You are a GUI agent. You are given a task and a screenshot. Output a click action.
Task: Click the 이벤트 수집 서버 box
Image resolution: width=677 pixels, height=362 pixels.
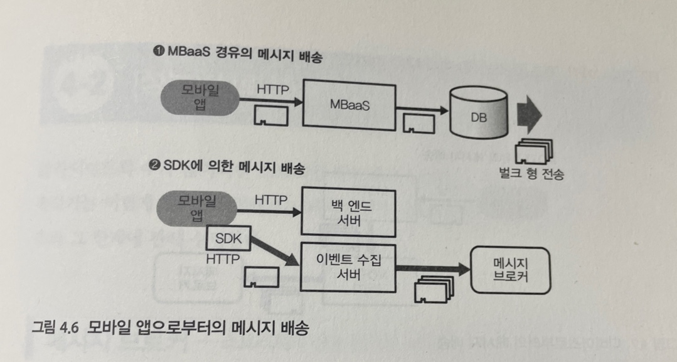(349, 266)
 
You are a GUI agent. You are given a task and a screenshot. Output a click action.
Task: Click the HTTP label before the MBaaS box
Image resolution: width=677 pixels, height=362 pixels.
(273, 89)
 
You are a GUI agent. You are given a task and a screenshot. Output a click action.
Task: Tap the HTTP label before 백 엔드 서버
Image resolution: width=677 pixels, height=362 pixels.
(271, 199)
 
